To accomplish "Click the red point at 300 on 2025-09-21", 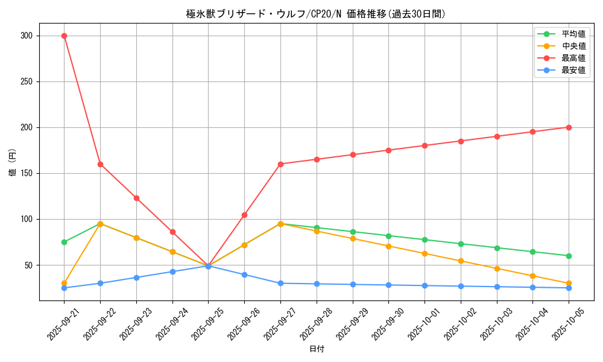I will point(64,36).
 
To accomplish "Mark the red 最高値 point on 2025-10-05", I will point(569,127).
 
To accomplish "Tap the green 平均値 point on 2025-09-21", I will point(64,242).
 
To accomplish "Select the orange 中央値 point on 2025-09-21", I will point(64,283).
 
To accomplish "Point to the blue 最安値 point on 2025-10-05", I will point(569,288).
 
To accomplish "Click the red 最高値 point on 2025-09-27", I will point(280,164).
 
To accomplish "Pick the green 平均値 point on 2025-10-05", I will point(569,256).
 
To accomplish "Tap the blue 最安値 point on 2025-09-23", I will point(136,278).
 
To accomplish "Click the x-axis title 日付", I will point(317,349).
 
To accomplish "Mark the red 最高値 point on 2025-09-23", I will point(136,198).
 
